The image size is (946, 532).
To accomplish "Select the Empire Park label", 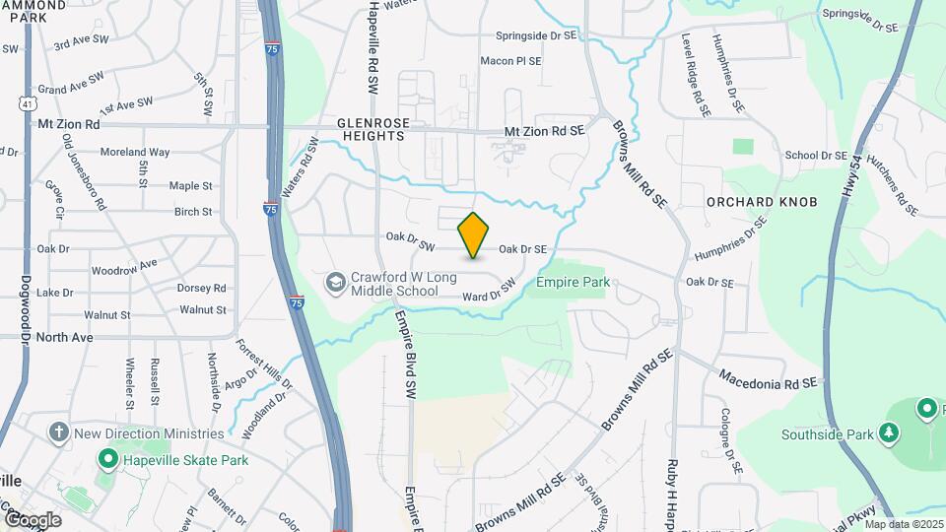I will (573, 282).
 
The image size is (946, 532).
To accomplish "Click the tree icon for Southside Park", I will (889, 432).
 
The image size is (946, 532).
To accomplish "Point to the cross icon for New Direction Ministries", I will (58, 432).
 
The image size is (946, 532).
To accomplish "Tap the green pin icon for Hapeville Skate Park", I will (105, 459).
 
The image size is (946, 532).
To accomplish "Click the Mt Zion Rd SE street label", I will (544, 130).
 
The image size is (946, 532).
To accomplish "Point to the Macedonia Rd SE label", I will (769, 379).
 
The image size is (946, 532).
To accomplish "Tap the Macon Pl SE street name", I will (510, 61).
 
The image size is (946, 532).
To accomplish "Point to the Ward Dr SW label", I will (489, 291).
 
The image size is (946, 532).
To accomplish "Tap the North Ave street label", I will (64, 337).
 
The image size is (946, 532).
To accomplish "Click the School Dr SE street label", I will (816, 156).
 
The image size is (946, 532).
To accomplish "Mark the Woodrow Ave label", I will (124, 267).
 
